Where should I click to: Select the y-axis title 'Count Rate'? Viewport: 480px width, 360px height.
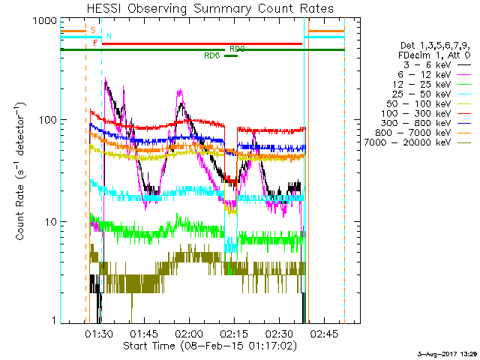[x=22, y=172]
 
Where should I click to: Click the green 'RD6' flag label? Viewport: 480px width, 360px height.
[x=211, y=56]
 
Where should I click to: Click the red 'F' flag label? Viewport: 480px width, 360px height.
[x=95, y=43]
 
